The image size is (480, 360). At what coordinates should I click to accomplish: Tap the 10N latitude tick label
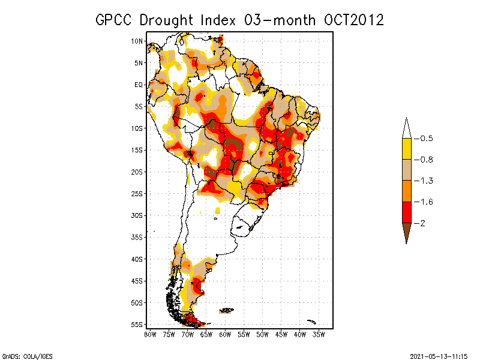[x=137, y=41]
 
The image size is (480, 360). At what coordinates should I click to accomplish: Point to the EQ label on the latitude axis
[x=139, y=85]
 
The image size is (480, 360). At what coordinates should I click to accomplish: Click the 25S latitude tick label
[x=137, y=193]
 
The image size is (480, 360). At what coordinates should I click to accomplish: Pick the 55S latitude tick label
[x=137, y=324]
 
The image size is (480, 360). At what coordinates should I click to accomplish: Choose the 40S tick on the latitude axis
[x=137, y=259]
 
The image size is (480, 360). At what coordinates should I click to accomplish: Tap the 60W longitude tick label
[x=225, y=334]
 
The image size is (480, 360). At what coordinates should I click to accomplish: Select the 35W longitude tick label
[x=319, y=334]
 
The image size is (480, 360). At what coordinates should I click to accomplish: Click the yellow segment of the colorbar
[x=406, y=149]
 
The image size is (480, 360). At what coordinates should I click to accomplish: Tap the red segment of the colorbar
[x=406, y=212]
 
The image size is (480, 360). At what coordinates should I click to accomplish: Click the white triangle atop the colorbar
[x=406, y=130]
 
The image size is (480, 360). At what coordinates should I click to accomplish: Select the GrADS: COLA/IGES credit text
[x=22, y=356]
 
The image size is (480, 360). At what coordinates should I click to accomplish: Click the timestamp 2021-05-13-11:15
[x=439, y=356]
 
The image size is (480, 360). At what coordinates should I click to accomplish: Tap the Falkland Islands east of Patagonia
[x=226, y=310]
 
